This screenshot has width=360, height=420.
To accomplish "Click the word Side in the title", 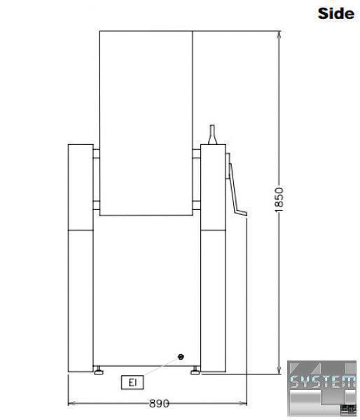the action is pos(336,13).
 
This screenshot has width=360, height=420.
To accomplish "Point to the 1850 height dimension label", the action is pos(279,199).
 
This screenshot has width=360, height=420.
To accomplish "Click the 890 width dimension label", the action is pos(159,403).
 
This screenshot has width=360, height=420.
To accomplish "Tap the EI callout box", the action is pos(132,382).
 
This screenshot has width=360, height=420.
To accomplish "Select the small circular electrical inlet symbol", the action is pos(181,357).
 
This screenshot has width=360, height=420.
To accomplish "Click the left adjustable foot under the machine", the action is pos(99,370).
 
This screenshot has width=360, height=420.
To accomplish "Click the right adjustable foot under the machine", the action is pos(195,370).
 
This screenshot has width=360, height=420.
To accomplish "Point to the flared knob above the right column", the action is pos(213,134).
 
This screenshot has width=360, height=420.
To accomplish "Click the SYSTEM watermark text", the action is pos(323,381).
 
